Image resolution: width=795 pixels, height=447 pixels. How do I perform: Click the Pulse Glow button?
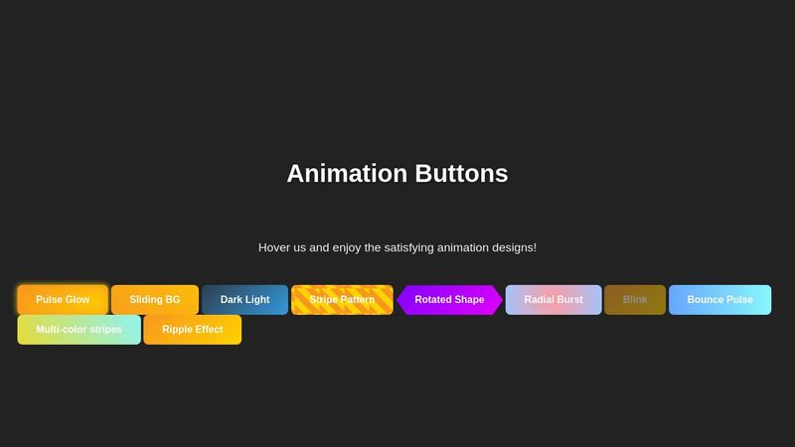(x=63, y=300)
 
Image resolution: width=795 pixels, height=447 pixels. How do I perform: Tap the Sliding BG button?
(x=155, y=300)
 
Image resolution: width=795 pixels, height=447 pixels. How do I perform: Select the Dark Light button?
(x=244, y=300)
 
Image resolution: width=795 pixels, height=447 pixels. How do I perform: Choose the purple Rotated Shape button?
(x=449, y=300)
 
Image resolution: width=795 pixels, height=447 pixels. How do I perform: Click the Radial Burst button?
(x=554, y=300)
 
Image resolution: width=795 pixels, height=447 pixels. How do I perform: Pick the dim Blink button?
(x=635, y=300)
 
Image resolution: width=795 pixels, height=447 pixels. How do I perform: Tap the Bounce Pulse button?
(x=719, y=300)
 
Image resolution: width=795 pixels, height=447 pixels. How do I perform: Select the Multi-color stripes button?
(x=79, y=330)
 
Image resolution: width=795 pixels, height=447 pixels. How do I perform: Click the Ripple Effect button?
(x=193, y=330)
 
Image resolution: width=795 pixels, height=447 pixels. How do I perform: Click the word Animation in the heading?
(x=341, y=174)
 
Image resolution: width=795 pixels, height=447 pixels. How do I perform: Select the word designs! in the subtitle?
(x=509, y=247)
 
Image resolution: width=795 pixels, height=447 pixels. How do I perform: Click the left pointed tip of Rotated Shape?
(x=399, y=300)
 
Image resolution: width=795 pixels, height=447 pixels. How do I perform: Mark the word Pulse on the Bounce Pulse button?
(x=737, y=300)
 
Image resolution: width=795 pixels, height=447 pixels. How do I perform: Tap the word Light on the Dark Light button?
(x=257, y=300)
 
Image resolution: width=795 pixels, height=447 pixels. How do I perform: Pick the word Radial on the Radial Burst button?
(x=540, y=300)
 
